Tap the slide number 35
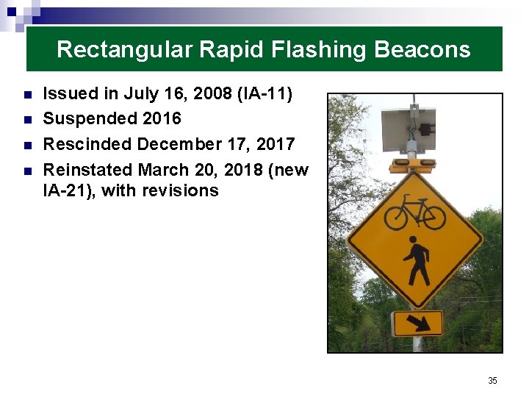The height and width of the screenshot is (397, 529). coord(492,380)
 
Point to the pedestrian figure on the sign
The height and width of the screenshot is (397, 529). coord(416,262)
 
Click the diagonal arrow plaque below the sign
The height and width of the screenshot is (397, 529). coord(417,323)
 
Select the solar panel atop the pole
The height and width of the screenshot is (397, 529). coord(409,129)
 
